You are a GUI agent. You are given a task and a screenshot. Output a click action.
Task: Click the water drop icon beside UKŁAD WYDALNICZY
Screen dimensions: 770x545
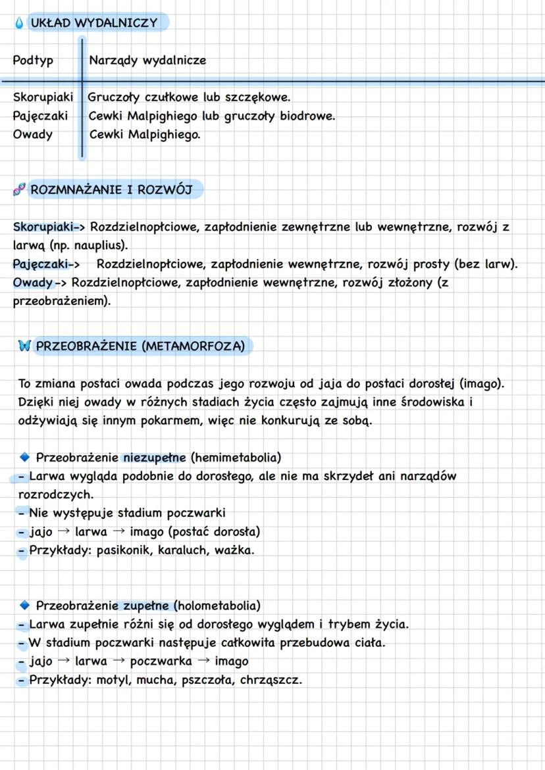click(18, 23)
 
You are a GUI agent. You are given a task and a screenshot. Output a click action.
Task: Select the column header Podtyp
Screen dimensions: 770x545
click(33, 60)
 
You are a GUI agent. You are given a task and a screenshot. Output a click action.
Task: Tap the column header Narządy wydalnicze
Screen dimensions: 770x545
click(147, 60)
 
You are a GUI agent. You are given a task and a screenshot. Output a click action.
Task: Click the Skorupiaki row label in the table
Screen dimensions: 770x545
click(43, 97)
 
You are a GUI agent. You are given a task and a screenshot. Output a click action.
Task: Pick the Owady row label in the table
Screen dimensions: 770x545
click(33, 135)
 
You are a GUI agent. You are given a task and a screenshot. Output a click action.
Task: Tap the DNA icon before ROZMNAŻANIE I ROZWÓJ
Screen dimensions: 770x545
click(19, 191)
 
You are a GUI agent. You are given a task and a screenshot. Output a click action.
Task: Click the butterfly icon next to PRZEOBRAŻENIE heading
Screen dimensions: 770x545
click(25, 347)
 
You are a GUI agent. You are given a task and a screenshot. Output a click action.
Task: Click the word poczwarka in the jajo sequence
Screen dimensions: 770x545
click(161, 661)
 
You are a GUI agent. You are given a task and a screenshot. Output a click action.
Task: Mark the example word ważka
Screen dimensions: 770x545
click(233, 550)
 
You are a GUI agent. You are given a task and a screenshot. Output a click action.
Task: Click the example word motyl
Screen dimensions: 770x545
click(113, 680)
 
